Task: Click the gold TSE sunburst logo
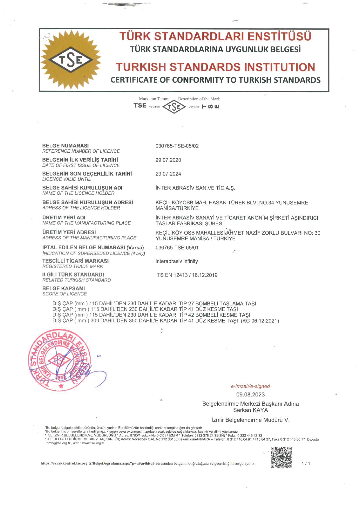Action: (71, 60)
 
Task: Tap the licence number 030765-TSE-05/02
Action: (177, 146)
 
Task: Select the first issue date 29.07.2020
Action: (168, 160)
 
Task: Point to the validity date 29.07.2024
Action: (168, 174)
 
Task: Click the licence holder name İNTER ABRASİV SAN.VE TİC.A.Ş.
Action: (195, 188)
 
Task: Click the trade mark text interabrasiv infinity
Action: (177, 261)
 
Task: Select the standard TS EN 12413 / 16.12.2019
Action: (187, 275)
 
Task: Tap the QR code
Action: (281, 457)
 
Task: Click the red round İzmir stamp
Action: (60, 360)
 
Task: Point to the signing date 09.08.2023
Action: (250, 394)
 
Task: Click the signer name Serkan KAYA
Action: (250, 410)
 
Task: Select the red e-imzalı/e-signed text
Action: (250, 386)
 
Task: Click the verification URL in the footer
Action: (98, 463)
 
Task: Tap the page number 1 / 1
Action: (306, 463)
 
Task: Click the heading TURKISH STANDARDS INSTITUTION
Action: (215, 67)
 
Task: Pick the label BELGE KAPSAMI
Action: (64, 288)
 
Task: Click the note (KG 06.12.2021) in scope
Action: (260, 321)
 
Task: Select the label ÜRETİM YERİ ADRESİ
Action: (69, 232)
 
